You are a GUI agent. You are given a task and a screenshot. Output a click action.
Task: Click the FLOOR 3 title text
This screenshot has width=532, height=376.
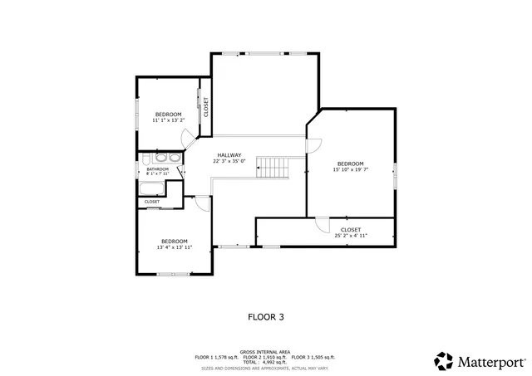[266, 316]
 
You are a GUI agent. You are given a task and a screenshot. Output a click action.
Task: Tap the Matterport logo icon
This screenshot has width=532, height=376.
[444, 361]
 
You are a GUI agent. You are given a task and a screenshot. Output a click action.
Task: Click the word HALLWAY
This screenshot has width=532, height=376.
[229, 155]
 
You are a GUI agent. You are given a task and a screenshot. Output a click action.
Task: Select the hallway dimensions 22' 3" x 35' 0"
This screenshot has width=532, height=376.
[229, 162]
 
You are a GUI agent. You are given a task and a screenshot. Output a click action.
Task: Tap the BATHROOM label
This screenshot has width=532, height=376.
[158, 169]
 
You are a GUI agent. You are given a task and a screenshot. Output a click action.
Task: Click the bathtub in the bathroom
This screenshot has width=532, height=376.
[145, 159]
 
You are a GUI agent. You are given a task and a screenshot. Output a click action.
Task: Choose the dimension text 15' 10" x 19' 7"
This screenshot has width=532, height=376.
[350, 170]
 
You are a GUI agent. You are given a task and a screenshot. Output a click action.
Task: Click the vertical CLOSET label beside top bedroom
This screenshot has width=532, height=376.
[206, 107]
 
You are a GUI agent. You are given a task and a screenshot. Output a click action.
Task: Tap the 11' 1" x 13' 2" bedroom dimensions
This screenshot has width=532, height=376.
[168, 120]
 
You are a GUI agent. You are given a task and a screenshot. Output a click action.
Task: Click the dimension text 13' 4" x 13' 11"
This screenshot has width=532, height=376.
[175, 247]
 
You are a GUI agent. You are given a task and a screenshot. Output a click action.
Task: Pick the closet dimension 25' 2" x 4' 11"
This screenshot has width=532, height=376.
[350, 236]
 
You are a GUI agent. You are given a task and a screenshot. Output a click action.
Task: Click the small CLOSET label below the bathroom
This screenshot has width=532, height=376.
[152, 202]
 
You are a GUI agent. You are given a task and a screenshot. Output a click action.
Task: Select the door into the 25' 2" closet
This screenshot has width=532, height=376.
[321, 223]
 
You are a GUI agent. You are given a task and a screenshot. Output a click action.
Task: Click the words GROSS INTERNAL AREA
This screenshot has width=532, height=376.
[266, 351]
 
